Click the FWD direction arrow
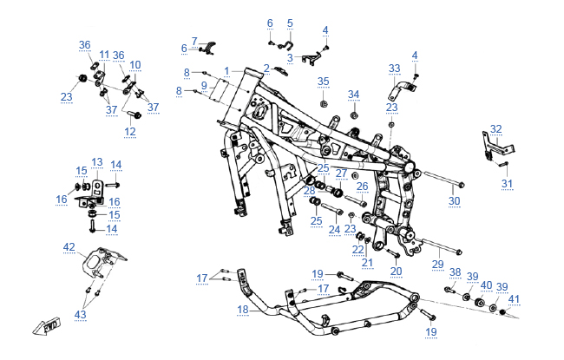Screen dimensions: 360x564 [x=44, y=326]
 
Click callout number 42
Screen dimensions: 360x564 [x=69, y=247]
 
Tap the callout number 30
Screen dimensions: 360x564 [x=454, y=201]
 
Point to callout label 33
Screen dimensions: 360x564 [x=394, y=68]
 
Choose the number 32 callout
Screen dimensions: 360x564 [x=495, y=128]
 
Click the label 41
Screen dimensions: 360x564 [x=515, y=299]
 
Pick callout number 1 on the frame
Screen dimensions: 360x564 [x=226, y=70]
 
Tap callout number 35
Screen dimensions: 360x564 [x=323, y=81]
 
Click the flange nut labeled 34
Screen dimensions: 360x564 [x=355, y=114]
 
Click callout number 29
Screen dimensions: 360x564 [x=438, y=263]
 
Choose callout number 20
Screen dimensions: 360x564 [x=396, y=271]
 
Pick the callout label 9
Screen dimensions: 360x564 [x=205, y=85]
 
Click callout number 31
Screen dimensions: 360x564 [x=508, y=183]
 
